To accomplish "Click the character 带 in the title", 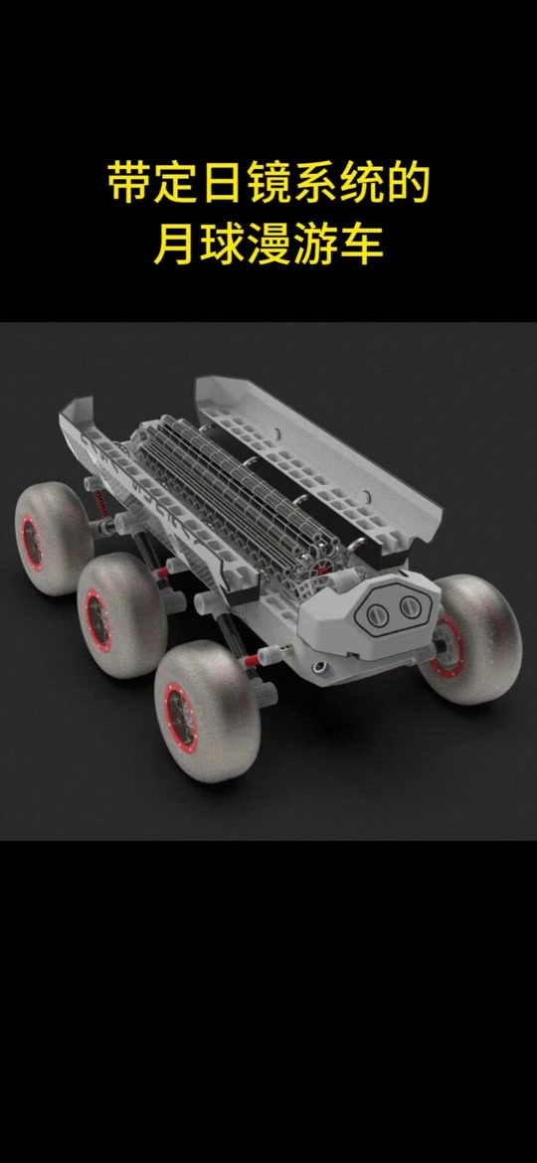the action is click(130, 185).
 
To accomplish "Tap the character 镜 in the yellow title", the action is click(268, 185).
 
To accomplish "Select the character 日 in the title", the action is click(223, 185).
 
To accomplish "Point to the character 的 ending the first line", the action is click(407, 185).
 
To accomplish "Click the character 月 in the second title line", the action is click(177, 246).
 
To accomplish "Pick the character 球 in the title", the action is click(223, 246).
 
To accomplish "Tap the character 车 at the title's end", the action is click(360, 246).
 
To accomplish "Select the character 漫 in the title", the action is click(268, 246).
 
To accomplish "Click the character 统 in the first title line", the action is click(360, 185).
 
